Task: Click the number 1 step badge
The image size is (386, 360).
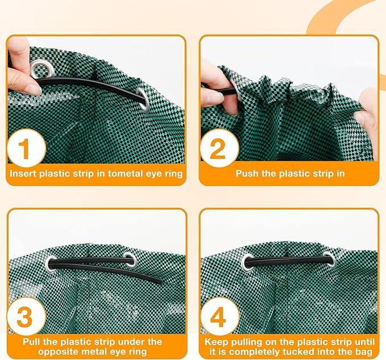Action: pos(27,148)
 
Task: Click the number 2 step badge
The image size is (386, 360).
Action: pos(219,148)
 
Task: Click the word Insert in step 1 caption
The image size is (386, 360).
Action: pos(23,174)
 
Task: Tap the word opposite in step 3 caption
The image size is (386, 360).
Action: pos(57,351)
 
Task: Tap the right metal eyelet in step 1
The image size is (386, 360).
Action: pos(144,99)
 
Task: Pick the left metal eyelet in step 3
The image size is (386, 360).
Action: pos(51,263)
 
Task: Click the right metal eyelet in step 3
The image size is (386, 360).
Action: pos(130,260)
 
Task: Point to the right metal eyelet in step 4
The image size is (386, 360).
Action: pos(330,259)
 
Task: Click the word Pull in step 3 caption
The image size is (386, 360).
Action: pos(32,342)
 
